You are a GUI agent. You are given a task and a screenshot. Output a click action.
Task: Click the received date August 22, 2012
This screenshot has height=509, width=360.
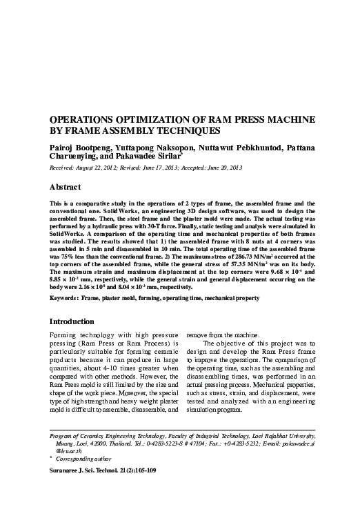point(103,167)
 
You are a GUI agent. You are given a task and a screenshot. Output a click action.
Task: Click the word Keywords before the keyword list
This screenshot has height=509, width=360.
point(68,300)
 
